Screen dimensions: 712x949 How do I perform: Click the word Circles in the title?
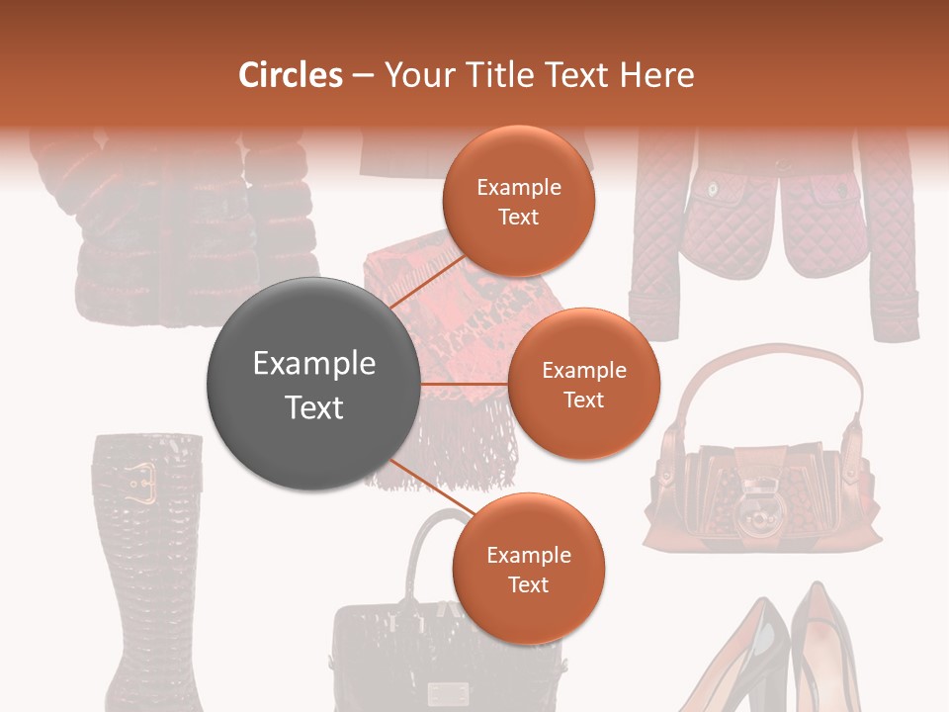[x=290, y=75]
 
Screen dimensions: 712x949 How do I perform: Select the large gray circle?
[x=313, y=385]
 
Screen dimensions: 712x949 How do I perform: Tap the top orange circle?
[x=518, y=201]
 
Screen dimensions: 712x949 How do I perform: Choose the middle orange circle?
[x=583, y=384]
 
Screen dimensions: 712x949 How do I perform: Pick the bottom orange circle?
[x=528, y=569]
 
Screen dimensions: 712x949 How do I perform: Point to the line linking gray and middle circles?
[x=465, y=384]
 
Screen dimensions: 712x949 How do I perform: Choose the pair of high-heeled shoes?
[x=771, y=658]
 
